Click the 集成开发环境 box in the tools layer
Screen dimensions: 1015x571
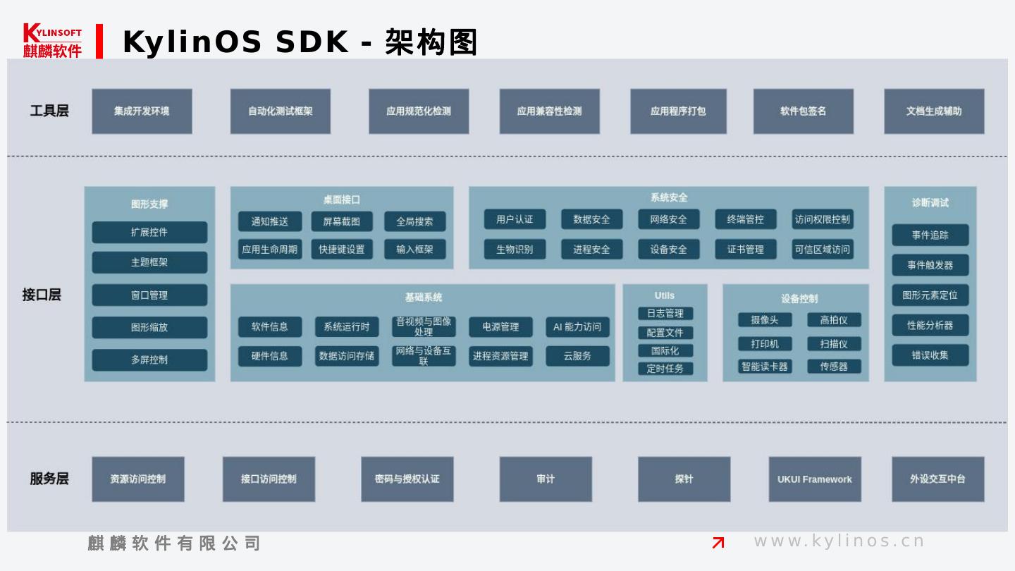pos(142,111)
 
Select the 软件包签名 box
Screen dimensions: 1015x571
pos(803,111)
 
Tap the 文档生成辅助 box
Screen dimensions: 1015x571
pos(934,111)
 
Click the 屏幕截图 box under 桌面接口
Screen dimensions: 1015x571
pos(342,221)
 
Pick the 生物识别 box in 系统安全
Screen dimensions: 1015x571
pos(515,249)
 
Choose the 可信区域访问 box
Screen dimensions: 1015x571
pos(823,249)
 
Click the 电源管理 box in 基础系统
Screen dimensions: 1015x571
pos(500,327)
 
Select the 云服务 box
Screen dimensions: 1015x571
pos(577,356)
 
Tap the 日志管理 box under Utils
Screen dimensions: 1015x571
pos(665,314)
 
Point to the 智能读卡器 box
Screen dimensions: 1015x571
pos(765,367)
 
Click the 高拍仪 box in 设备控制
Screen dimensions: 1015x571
pos(834,320)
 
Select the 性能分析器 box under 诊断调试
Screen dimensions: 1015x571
pos(930,325)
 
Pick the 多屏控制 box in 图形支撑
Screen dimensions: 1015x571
pos(149,360)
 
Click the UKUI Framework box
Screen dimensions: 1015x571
pos(815,479)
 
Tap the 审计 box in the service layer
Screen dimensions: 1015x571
pos(546,479)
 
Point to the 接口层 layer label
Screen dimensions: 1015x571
pos(42,295)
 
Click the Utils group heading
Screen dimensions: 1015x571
pos(665,296)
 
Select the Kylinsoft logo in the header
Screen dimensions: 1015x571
pos(52,41)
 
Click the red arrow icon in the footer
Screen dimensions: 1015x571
pos(718,542)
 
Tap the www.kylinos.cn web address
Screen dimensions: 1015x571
pos(839,541)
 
